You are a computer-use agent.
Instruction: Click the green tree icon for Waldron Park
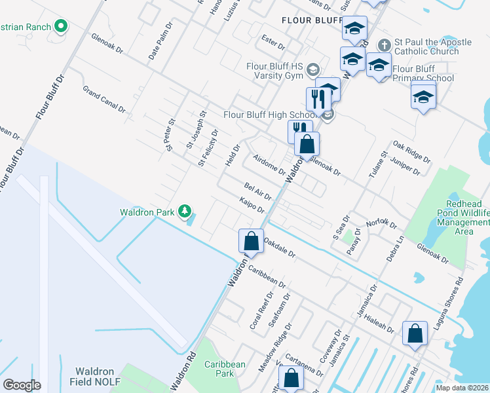tap(186, 211)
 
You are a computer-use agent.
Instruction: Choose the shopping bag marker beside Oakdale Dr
tap(251, 241)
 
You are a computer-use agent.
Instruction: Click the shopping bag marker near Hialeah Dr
tap(415, 333)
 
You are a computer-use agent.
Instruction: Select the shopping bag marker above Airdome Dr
tap(306, 143)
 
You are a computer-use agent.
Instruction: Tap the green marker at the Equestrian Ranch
tap(61, 26)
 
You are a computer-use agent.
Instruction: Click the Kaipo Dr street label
tap(252, 205)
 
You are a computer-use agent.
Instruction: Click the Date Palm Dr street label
tap(160, 43)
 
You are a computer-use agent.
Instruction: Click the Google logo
tap(22, 384)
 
